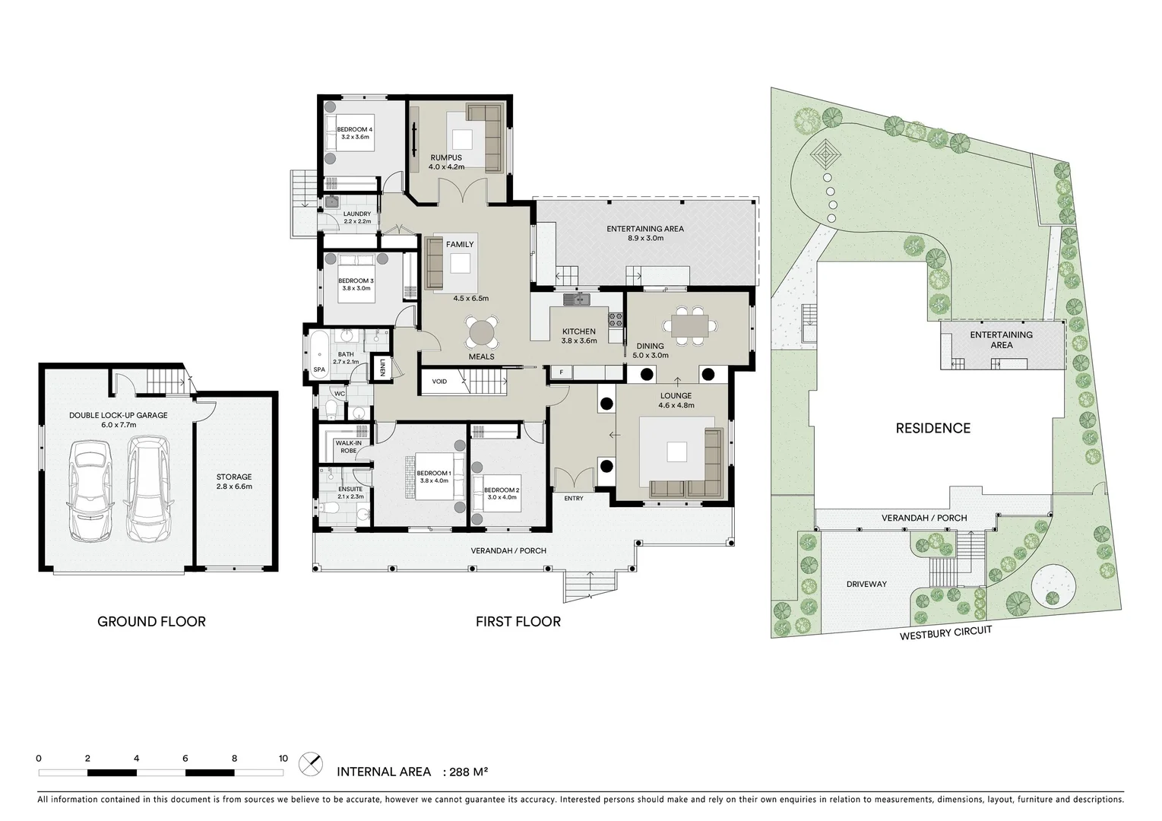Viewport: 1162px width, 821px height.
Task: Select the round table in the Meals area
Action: pos(482,333)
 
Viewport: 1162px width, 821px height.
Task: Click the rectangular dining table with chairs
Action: pos(689,325)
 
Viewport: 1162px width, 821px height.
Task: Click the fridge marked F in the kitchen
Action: pos(561,372)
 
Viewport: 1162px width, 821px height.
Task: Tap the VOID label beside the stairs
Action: pos(439,382)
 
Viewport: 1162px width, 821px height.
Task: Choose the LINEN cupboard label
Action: pos(382,368)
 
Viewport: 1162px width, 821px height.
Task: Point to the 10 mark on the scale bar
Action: pos(283,758)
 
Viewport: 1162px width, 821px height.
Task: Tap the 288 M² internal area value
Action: pos(468,772)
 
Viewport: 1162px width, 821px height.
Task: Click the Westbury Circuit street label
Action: pos(945,633)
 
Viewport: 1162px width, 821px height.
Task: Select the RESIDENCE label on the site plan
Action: pos(932,428)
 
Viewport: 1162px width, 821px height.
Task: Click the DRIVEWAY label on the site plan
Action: pos(866,584)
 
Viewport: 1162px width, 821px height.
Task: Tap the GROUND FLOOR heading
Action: pos(151,621)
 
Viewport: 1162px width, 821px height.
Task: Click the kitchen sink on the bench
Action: pos(578,300)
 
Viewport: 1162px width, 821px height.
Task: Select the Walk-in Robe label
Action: pos(347,447)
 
